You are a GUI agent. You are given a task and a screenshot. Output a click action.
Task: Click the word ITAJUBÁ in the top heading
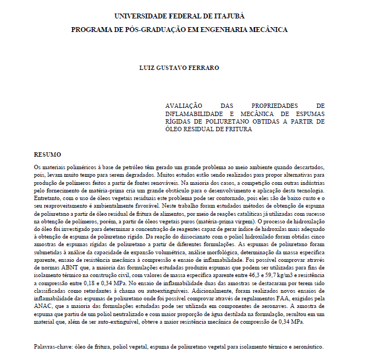(x=245, y=16)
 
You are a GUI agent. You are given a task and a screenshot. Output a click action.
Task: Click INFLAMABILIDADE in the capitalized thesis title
(x=194, y=114)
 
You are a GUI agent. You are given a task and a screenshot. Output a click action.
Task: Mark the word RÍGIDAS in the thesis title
(x=180, y=122)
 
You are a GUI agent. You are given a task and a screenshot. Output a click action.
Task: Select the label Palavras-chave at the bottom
(x=53, y=346)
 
